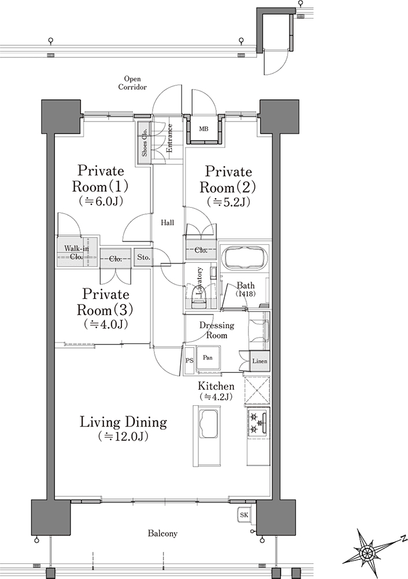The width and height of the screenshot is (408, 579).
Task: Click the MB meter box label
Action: click(203, 129)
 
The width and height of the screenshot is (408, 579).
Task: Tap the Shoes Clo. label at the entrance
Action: click(144, 142)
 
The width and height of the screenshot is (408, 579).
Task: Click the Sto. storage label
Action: click(144, 258)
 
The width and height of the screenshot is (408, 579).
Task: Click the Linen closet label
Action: click(259, 361)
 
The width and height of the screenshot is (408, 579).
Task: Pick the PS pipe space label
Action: click(190, 361)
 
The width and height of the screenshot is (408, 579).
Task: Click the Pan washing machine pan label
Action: click(207, 357)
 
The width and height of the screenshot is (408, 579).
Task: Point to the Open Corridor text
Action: click(132, 83)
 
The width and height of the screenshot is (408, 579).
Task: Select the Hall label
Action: click(168, 223)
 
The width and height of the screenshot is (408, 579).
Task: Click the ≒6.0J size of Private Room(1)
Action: click(101, 201)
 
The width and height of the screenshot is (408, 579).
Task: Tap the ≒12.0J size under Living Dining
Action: click(124, 437)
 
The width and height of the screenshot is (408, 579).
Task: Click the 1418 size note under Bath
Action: click(246, 294)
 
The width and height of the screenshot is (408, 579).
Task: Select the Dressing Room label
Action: click(217, 330)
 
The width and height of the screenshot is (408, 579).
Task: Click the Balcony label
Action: click(162, 533)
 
